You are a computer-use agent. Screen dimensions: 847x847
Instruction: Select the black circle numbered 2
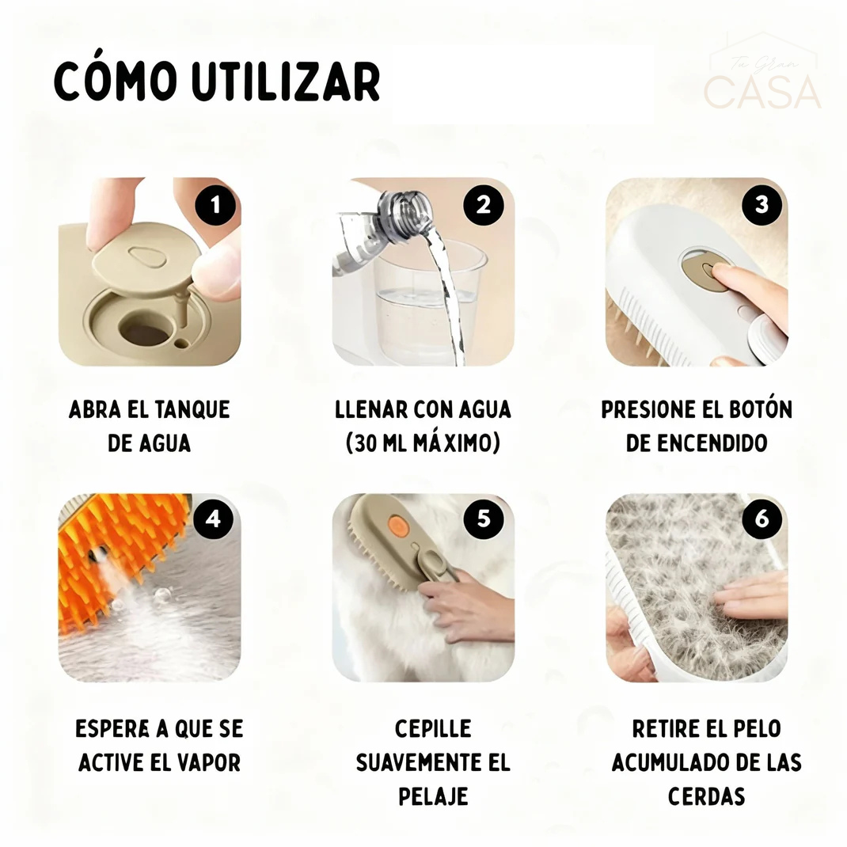(484, 205)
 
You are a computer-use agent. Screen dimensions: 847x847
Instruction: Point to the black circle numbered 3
(761, 205)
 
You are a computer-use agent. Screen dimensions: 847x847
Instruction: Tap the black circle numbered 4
(212, 520)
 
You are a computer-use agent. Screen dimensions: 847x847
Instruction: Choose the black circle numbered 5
(484, 520)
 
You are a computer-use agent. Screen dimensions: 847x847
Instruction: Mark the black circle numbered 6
(761, 520)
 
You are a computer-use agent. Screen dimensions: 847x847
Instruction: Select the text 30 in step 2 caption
(367, 443)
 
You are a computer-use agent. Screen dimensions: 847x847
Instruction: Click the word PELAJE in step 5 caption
(432, 796)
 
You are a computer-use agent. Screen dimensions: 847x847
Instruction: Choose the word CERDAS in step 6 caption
(706, 796)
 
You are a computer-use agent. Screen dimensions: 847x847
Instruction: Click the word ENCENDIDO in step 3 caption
(697, 443)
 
